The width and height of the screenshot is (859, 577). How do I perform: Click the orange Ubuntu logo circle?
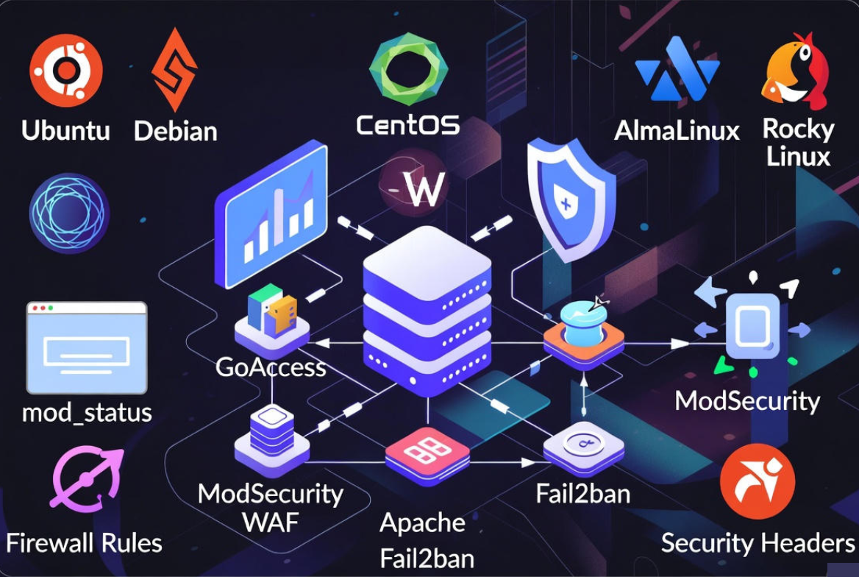click(x=65, y=71)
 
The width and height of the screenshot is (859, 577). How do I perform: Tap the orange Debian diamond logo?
click(x=174, y=71)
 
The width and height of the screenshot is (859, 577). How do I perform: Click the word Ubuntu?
click(x=65, y=130)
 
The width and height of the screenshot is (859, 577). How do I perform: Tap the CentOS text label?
click(x=408, y=124)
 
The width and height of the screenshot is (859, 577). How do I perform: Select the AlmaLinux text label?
click(x=677, y=131)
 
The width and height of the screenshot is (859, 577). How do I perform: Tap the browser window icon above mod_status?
click(x=87, y=347)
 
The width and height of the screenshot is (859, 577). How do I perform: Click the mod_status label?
click(x=87, y=412)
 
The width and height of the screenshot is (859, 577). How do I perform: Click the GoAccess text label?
click(x=271, y=367)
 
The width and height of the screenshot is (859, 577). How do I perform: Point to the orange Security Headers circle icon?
click(x=757, y=482)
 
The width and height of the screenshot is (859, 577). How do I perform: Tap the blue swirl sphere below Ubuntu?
click(x=69, y=213)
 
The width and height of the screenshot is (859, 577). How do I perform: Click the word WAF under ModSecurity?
click(x=270, y=523)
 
